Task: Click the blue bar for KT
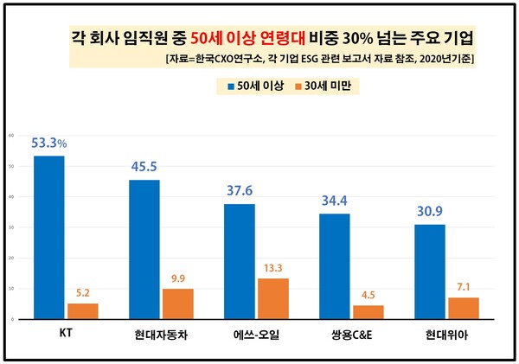pos(48,238)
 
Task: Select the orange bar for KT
pos(82,311)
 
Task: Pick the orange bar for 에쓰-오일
pos(273,298)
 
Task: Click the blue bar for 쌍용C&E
pos(335,266)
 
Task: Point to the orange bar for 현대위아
pos(464,308)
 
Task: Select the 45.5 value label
pos(144,167)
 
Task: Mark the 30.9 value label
pos(430,211)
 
